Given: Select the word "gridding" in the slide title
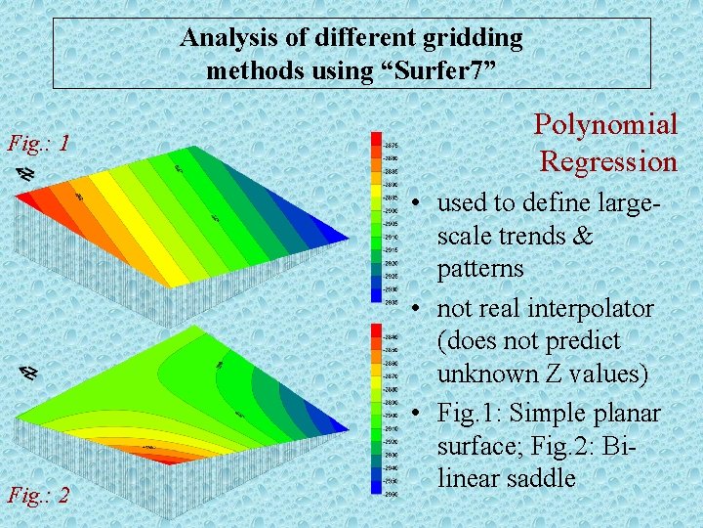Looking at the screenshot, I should pyautogui.click(x=474, y=38).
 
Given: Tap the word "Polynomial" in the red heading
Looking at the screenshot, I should pyautogui.click(x=604, y=124).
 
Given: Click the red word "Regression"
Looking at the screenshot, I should pyautogui.click(x=608, y=160).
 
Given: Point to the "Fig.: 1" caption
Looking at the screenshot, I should pyautogui.click(x=38, y=144).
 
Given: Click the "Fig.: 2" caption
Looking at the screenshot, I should pyautogui.click(x=38, y=494).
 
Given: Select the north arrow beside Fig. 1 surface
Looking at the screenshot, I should pyautogui.click(x=26, y=173).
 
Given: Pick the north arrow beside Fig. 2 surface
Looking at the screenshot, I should pyautogui.click(x=29, y=373).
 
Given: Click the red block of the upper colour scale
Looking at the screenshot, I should pyautogui.click(x=376, y=143).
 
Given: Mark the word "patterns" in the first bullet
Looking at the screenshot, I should pyautogui.click(x=480, y=268).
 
